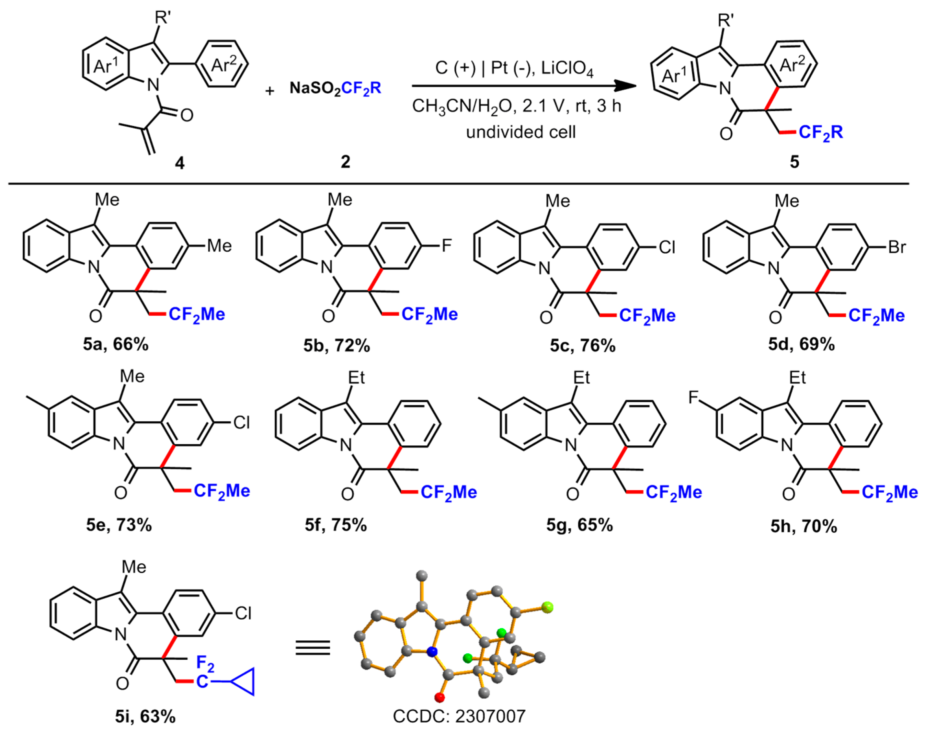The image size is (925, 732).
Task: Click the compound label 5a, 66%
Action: [116, 344]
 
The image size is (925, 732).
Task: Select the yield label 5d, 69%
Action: [801, 344]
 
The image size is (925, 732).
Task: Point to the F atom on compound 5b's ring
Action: [446, 246]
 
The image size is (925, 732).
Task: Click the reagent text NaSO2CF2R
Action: [335, 89]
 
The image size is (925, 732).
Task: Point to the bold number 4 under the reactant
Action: [179, 162]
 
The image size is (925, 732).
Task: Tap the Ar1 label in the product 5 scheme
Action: [673, 75]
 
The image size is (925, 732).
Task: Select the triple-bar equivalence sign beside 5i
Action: [313, 647]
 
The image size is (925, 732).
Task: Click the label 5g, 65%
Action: [579, 525]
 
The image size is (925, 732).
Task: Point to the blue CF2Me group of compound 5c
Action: [647, 316]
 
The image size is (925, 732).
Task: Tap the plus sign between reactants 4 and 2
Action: [269, 91]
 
